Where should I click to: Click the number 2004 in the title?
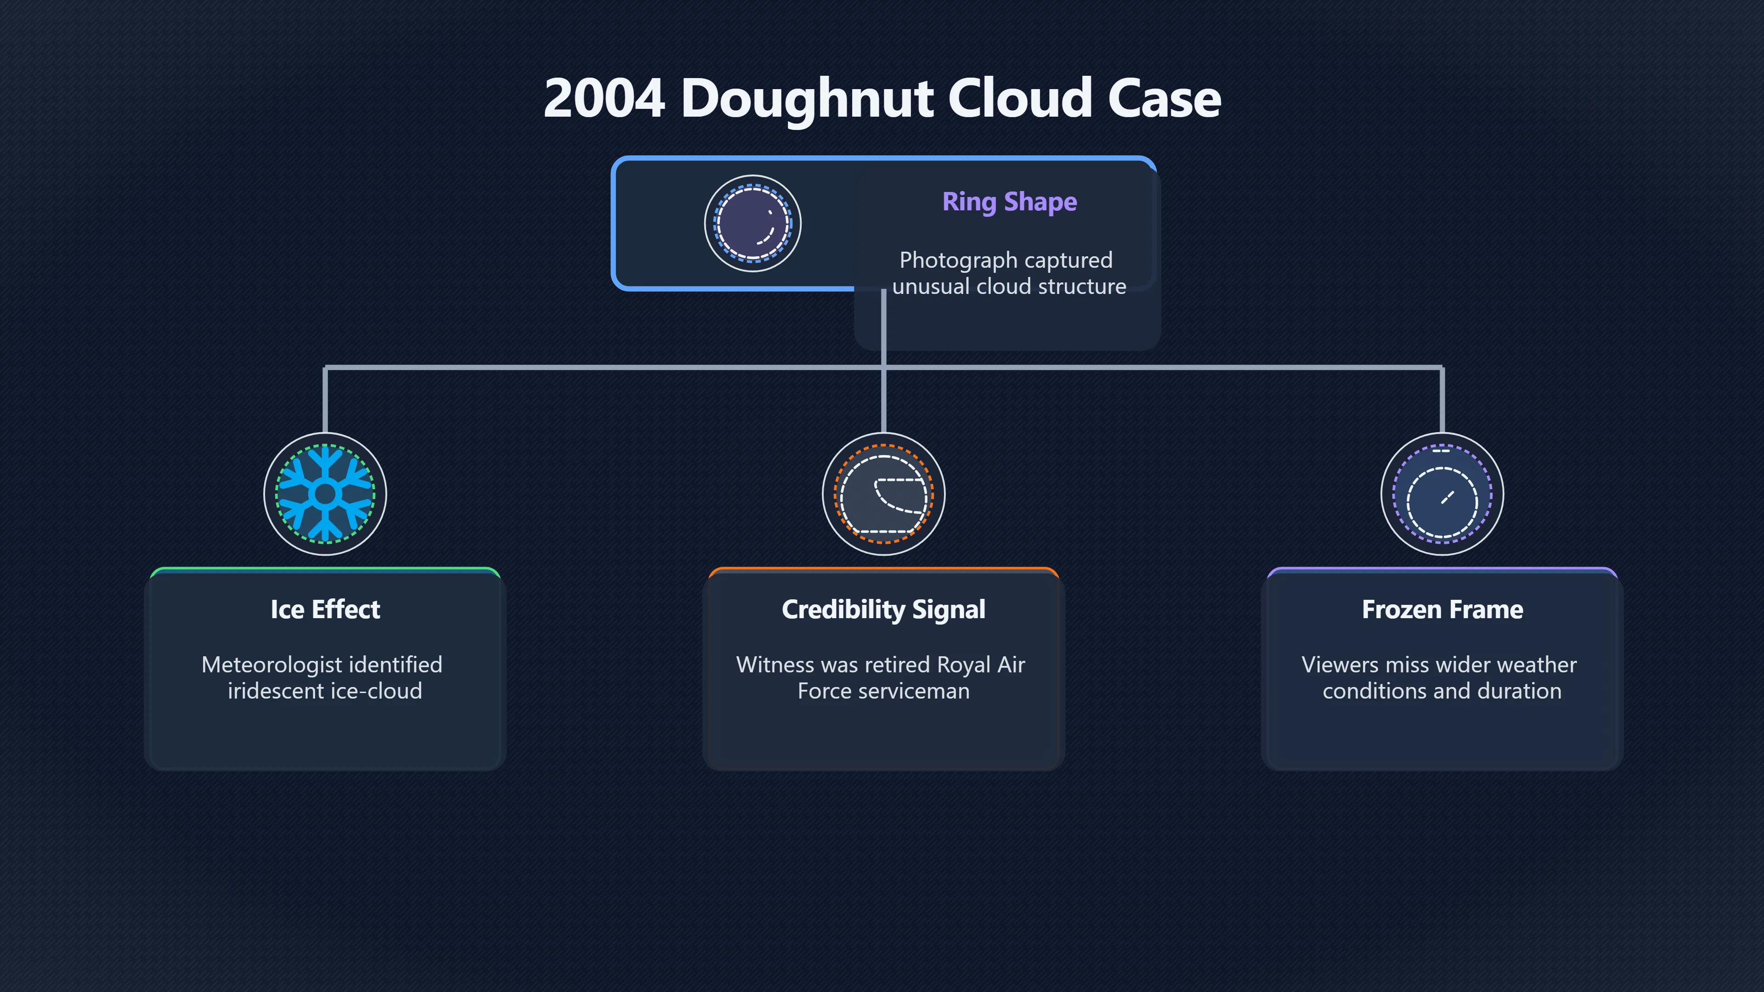point(604,98)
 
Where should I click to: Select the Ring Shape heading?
point(1009,203)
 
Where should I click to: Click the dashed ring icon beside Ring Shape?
point(752,223)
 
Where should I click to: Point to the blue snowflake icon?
point(325,494)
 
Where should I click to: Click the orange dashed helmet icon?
point(883,494)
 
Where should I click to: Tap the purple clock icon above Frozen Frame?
point(1442,494)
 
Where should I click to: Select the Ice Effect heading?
point(325,609)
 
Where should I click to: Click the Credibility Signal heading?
point(883,610)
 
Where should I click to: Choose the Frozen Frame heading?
point(1442,609)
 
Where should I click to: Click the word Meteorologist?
point(272,665)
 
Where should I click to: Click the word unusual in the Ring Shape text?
point(931,286)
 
